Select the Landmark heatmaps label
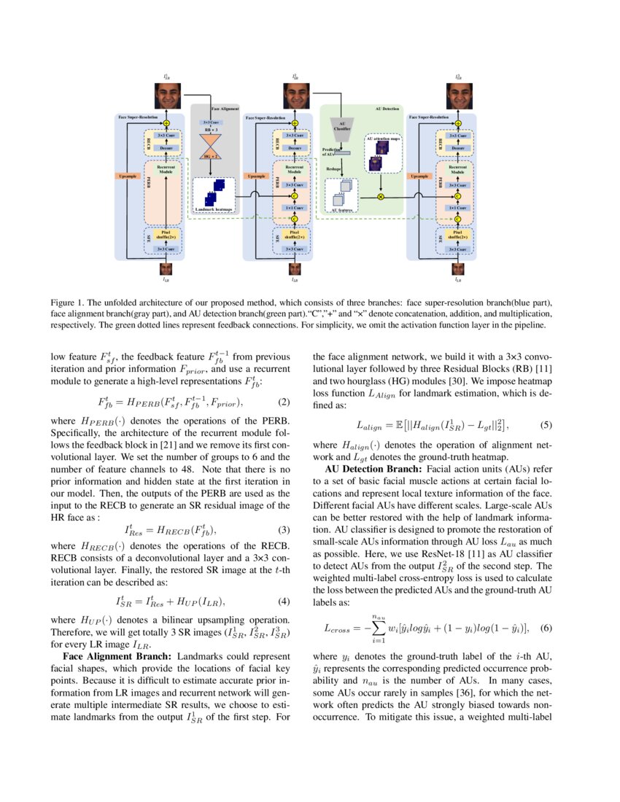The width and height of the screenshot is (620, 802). (214, 209)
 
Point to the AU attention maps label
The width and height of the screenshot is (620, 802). (383, 138)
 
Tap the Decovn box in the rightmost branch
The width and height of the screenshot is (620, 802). (457, 148)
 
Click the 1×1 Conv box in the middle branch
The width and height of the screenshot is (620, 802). (295, 208)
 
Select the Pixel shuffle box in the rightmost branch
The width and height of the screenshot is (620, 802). (457, 235)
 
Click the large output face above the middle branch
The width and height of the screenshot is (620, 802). (295, 96)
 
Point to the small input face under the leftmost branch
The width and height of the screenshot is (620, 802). (166, 268)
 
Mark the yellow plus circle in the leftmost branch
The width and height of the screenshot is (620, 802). (166, 123)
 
